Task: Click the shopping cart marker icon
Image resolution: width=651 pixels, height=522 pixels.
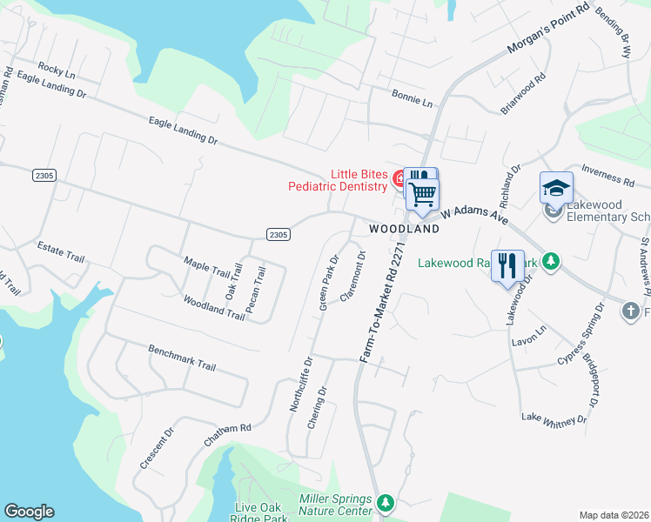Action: [x=423, y=193]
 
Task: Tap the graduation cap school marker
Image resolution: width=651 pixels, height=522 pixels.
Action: [x=556, y=187]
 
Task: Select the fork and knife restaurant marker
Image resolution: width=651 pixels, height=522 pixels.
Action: [x=507, y=264]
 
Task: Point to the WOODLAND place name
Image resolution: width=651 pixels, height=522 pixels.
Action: [x=404, y=229]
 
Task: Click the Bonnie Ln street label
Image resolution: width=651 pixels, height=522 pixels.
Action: [x=412, y=97]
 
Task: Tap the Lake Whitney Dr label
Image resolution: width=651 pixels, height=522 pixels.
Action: [x=554, y=418]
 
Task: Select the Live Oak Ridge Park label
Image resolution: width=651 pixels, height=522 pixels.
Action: [x=262, y=512]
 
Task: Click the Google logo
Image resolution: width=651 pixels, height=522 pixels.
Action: [x=29, y=512]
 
